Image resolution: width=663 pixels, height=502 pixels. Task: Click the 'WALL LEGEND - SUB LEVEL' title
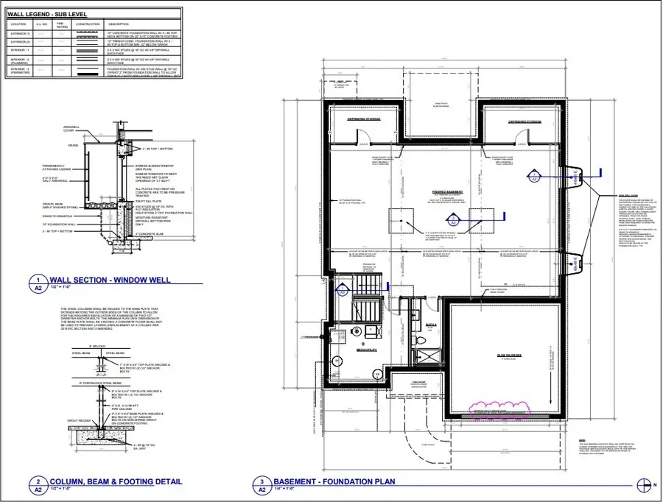pos(44,13)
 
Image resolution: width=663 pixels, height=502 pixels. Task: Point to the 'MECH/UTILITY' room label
pos(366,350)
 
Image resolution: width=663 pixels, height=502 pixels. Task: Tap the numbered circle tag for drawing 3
pos(262,483)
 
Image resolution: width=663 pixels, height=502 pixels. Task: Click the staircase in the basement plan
pos(366,294)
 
